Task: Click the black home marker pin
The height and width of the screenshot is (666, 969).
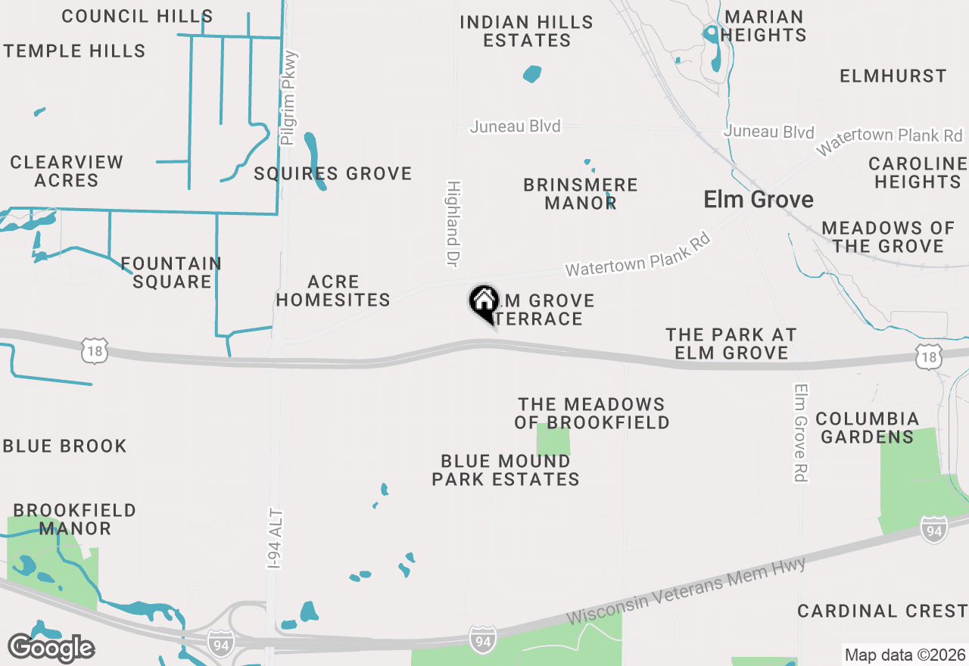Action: [x=484, y=303]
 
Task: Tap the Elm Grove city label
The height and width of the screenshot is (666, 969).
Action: [x=759, y=199]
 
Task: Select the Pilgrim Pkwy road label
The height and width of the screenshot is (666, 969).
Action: [x=288, y=98]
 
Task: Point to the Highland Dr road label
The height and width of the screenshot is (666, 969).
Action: [x=453, y=223]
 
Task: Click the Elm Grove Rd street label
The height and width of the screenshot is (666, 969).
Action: [x=801, y=432]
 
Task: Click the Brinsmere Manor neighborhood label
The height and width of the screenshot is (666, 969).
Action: [x=581, y=194]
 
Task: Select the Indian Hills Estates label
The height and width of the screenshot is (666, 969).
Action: [x=527, y=31]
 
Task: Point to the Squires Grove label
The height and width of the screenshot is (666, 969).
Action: [x=333, y=173]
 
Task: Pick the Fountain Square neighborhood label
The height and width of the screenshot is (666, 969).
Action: [x=172, y=272]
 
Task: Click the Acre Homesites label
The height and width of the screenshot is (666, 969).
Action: [x=333, y=291]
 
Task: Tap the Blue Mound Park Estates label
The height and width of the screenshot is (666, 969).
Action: [x=506, y=470]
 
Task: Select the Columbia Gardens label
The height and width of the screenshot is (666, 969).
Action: [x=867, y=428]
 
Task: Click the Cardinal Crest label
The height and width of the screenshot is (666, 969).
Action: [x=882, y=611]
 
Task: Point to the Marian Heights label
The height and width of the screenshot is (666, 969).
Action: [x=764, y=26]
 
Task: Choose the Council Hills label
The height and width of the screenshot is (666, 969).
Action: [x=137, y=16]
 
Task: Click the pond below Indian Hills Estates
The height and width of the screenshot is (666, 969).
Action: [x=532, y=74]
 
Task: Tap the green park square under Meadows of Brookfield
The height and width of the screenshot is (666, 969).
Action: [x=553, y=441]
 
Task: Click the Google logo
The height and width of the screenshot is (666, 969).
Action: [x=51, y=648]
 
